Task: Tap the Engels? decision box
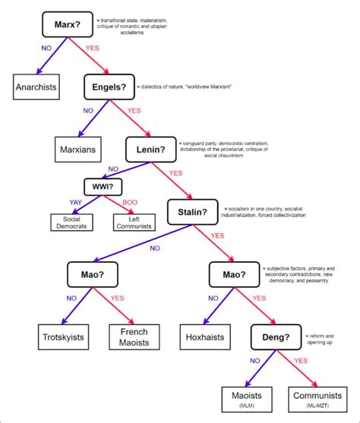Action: click(x=108, y=87)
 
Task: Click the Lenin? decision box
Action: click(x=150, y=149)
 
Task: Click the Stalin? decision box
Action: click(x=193, y=210)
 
